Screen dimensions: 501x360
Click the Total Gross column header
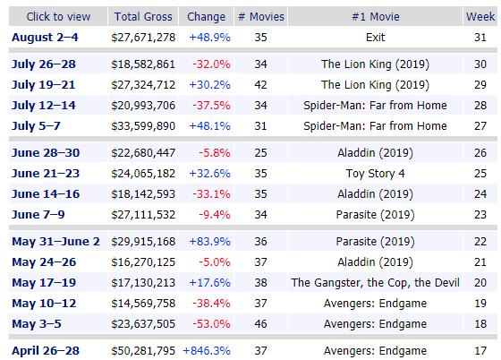tap(143, 17)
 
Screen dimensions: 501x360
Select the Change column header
tap(206, 17)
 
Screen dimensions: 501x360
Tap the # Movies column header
tap(261, 17)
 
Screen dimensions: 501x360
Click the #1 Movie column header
tap(376, 17)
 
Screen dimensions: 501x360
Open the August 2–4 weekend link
tap(45, 38)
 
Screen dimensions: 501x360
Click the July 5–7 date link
tap(36, 126)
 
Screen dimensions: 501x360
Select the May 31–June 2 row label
tap(55, 242)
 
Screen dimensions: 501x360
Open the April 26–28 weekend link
tap(46, 351)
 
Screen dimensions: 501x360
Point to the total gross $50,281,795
tap(143, 351)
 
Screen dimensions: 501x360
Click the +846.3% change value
tap(207, 351)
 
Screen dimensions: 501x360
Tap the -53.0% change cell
tap(211, 324)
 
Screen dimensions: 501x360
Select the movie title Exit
tap(376, 38)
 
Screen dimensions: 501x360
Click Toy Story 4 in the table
tap(376, 174)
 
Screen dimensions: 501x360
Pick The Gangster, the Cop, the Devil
tap(375, 283)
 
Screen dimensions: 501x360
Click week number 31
tap(480, 38)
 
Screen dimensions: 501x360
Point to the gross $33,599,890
tap(143, 126)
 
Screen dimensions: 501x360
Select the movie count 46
tap(260, 324)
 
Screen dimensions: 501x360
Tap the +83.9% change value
tap(209, 242)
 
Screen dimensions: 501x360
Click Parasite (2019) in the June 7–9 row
tap(376, 215)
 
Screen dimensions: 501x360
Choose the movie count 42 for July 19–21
tap(260, 85)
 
